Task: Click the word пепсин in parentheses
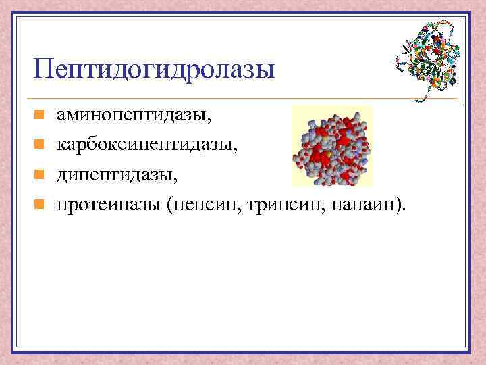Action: pos(205,204)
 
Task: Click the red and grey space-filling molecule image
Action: pos(331,146)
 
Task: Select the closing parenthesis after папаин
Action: pos(400,205)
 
